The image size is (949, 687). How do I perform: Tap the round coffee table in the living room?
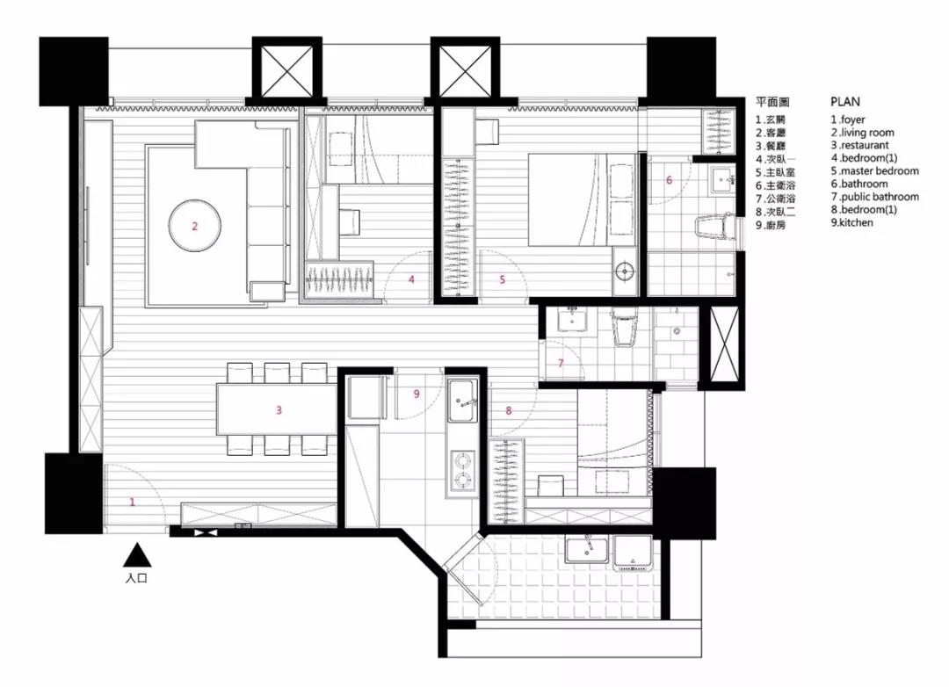point(195,227)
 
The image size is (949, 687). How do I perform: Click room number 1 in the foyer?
point(132,502)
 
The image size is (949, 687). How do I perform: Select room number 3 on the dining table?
point(279,409)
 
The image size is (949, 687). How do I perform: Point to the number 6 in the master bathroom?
point(669,180)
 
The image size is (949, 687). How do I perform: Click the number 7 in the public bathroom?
point(561,363)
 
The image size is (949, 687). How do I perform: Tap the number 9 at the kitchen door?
point(417,394)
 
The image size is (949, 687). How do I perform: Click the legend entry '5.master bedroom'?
point(874,171)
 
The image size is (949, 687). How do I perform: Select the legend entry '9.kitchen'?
point(851,222)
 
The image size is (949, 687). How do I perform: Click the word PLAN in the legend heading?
point(845,102)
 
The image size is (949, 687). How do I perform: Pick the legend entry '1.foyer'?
point(847,119)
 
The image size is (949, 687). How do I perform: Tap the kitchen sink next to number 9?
point(462,400)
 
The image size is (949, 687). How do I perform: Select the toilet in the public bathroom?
point(624,329)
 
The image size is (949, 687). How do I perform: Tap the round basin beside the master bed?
point(624,271)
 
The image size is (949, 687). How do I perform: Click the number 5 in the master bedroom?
point(503,279)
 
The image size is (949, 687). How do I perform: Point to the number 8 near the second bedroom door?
point(509,410)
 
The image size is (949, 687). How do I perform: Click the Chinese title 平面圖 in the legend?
point(772,102)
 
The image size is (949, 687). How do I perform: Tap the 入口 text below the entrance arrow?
point(137,578)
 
